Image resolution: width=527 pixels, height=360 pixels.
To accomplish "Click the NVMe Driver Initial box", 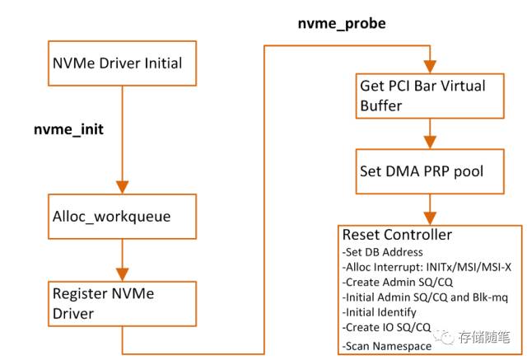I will (120, 63).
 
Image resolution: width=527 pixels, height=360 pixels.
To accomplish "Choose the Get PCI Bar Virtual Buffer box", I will (429, 96).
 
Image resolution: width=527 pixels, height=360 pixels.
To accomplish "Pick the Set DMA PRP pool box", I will (429, 171).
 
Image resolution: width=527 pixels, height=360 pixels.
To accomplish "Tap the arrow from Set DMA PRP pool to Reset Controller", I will (429, 208).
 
